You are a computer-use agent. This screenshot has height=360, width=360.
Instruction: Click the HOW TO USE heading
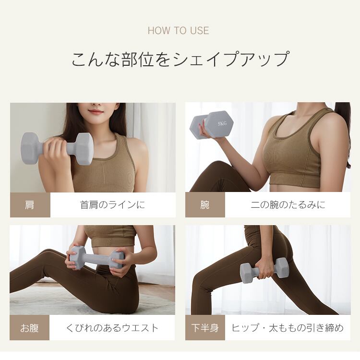(178, 31)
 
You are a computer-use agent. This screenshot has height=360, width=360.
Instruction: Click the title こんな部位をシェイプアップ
(180, 59)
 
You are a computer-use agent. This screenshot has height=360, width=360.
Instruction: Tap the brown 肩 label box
(30, 205)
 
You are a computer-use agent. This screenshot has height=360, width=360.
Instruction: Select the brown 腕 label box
(205, 205)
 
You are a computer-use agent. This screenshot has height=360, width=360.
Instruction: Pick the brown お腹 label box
(30, 328)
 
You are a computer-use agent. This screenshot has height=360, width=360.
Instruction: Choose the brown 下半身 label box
(205, 328)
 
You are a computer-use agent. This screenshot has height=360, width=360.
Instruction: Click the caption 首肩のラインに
(112, 205)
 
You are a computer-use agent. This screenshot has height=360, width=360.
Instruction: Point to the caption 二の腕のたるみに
(288, 205)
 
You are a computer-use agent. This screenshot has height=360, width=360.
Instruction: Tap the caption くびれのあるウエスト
(112, 328)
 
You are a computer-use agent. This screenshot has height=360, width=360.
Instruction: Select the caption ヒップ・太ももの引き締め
(288, 328)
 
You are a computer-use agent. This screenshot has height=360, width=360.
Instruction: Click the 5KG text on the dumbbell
(222, 123)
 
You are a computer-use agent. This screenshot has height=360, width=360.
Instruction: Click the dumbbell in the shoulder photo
(57, 148)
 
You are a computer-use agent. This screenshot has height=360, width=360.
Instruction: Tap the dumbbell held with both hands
(96, 257)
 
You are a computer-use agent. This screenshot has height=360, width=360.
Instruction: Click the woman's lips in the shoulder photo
(96, 111)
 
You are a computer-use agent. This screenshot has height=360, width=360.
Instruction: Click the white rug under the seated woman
(43, 300)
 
